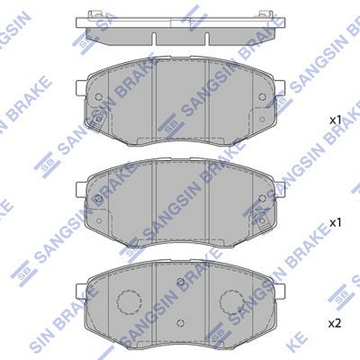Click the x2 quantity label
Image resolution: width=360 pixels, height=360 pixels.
click(335, 323)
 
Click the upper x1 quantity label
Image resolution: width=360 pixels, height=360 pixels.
click(335, 120)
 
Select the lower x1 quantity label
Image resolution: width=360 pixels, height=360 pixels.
click(335, 223)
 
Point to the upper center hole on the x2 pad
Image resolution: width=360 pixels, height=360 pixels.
click(179, 281)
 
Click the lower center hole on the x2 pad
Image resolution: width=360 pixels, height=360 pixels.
click(179, 323)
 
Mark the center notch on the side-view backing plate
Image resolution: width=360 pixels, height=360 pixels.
click(179, 23)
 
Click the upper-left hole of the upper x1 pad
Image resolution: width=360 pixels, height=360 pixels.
click(98, 97)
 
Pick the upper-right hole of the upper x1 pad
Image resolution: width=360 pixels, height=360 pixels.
click(262, 97)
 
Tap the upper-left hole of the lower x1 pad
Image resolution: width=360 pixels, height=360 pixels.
click(98, 198)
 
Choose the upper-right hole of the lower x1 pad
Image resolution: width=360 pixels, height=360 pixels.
click(262, 198)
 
